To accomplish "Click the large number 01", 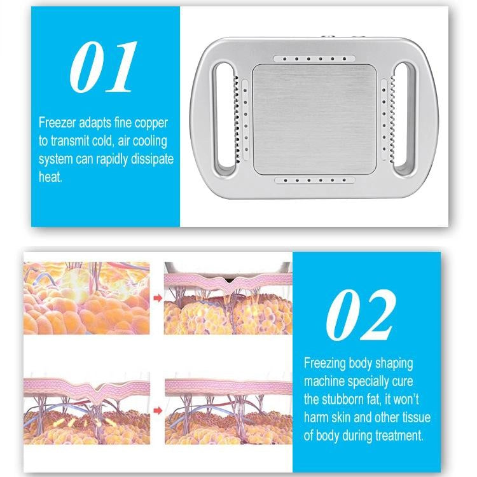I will point(102,67).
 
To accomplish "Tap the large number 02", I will point(360,315).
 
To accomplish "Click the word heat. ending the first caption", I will point(51,177).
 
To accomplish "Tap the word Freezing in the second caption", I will point(327,364).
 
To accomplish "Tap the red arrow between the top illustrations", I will point(157,296).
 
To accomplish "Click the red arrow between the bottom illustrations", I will point(157,407).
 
